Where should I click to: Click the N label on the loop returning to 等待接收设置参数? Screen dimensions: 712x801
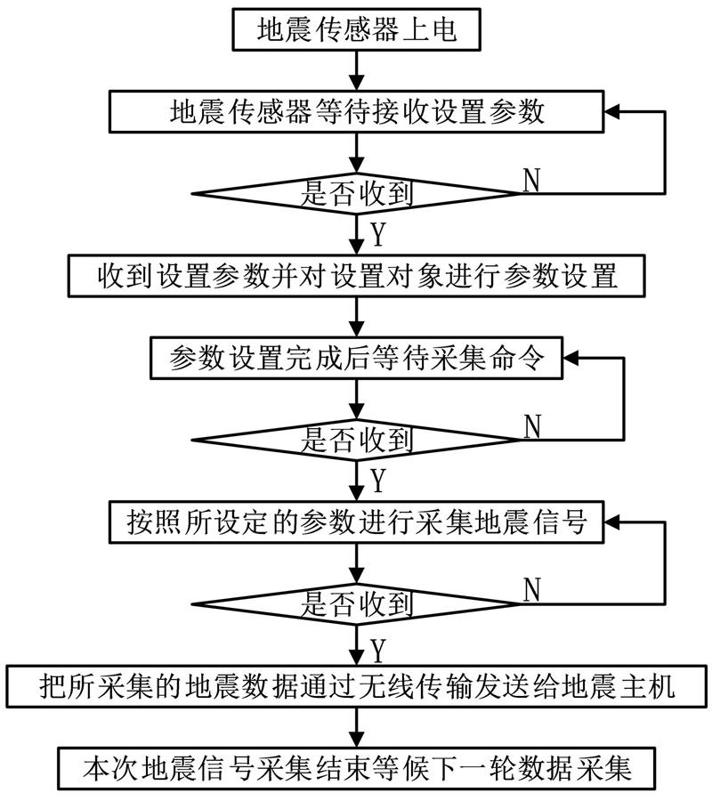point(531,180)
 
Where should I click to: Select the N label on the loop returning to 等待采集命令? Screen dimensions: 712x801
point(531,426)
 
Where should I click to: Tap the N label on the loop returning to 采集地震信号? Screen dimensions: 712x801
point(531,590)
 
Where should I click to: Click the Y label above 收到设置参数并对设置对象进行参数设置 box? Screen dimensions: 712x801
point(378,234)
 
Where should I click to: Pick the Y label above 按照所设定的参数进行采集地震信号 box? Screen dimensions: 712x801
point(378,481)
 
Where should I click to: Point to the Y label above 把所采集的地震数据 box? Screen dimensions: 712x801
point(378,651)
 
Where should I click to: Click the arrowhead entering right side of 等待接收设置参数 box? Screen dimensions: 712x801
point(612,111)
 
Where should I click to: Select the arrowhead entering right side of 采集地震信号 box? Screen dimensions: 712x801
point(612,522)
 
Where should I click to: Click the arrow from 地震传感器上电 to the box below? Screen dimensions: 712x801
point(357,70)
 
